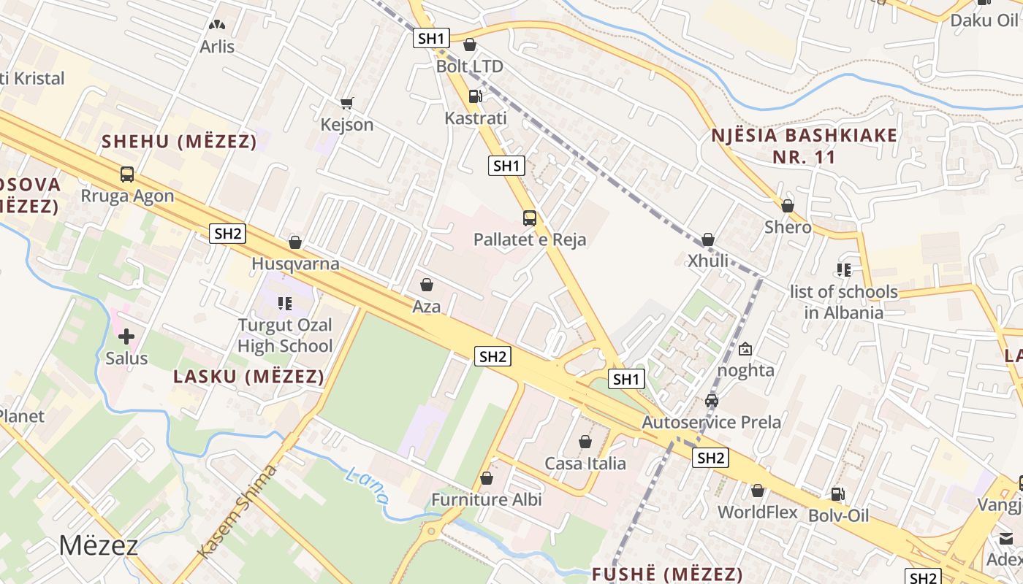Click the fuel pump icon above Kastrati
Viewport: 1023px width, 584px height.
(x=475, y=96)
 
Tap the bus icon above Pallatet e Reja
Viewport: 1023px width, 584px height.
(x=529, y=218)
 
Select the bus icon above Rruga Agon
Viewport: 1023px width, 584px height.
(x=127, y=174)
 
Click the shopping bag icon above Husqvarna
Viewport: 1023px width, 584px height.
(x=295, y=242)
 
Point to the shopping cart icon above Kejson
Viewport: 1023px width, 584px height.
(x=347, y=104)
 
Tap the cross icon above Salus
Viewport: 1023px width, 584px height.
(x=126, y=337)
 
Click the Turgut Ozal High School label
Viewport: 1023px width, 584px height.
(x=285, y=335)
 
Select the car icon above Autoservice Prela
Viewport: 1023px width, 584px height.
(x=712, y=400)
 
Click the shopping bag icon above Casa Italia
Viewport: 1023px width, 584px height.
(x=585, y=442)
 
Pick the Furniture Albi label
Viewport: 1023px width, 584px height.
(x=487, y=499)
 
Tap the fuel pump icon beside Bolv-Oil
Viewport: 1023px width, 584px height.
(x=838, y=494)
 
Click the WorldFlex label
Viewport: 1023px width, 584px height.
(x=757, y=512)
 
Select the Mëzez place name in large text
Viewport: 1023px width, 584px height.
(x=98, y=545)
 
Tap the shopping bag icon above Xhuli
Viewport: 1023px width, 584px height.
(x=707, y=239)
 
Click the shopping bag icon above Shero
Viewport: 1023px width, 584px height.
(x=788, y=206)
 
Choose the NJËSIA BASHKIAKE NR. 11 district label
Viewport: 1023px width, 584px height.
(x=804, y=146)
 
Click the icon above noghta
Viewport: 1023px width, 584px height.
(x=745, y=349)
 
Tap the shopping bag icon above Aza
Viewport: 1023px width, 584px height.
(x=427, y=285)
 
